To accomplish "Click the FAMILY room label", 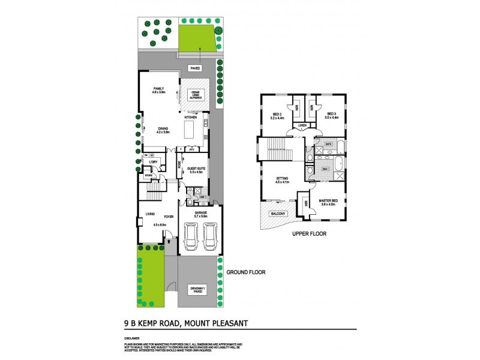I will [158, 89].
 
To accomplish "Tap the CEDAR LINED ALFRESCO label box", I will [195, 94].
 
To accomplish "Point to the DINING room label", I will [163, 130].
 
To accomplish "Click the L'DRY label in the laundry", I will [153, 161].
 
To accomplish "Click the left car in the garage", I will [190, 238].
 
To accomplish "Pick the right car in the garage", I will [210, 238].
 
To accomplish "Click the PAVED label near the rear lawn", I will [195, 68].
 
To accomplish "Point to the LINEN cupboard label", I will [302, 125].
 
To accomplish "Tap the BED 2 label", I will [277, 116].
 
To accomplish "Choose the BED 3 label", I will [332, 116].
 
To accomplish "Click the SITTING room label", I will [283, 181].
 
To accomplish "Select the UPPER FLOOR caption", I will [309, 234].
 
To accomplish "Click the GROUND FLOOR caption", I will [245, 272].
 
